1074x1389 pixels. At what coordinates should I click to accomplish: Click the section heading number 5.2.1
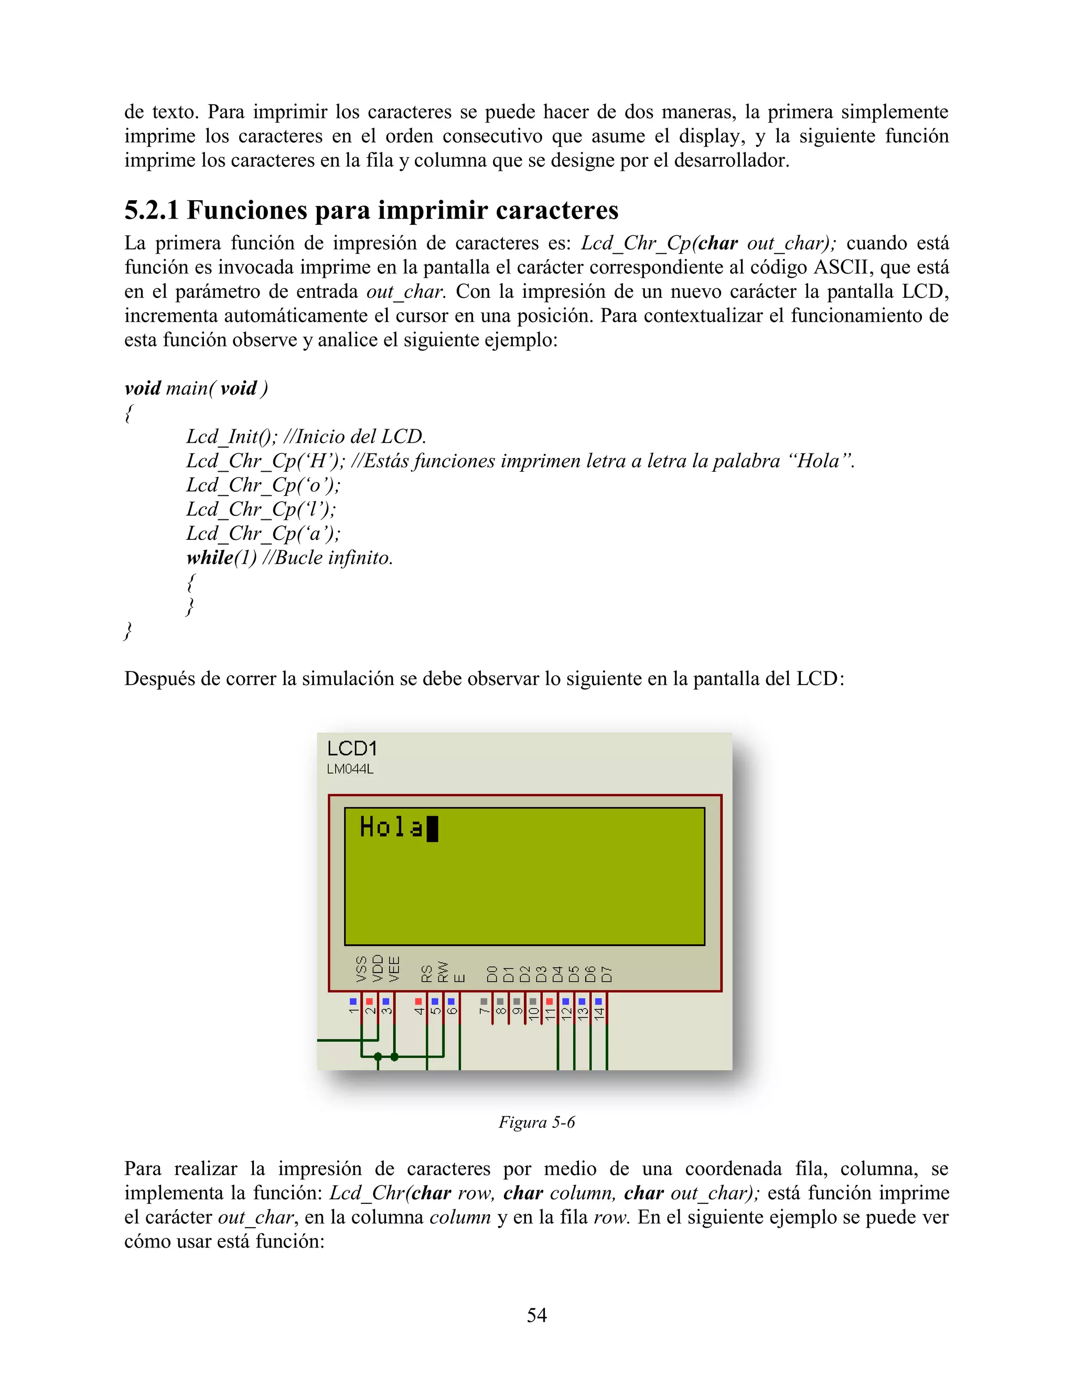[152, 211]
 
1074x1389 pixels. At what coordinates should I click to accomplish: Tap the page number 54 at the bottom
[536, 1315]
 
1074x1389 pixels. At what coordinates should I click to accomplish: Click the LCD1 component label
[352, 748]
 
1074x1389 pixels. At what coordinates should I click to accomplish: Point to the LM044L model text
[350, 769]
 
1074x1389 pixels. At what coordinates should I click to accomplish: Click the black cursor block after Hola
[432, 829]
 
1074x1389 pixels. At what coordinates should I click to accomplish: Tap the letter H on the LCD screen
[367, 827]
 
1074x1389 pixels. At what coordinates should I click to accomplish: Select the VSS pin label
[361, 969]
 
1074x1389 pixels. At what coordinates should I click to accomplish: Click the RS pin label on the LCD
[427, 973]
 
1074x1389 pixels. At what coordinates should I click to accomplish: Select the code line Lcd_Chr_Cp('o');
[263, 485]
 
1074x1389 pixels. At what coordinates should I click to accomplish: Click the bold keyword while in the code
[209, 558]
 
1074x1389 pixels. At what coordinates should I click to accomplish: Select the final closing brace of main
[128, 631]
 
